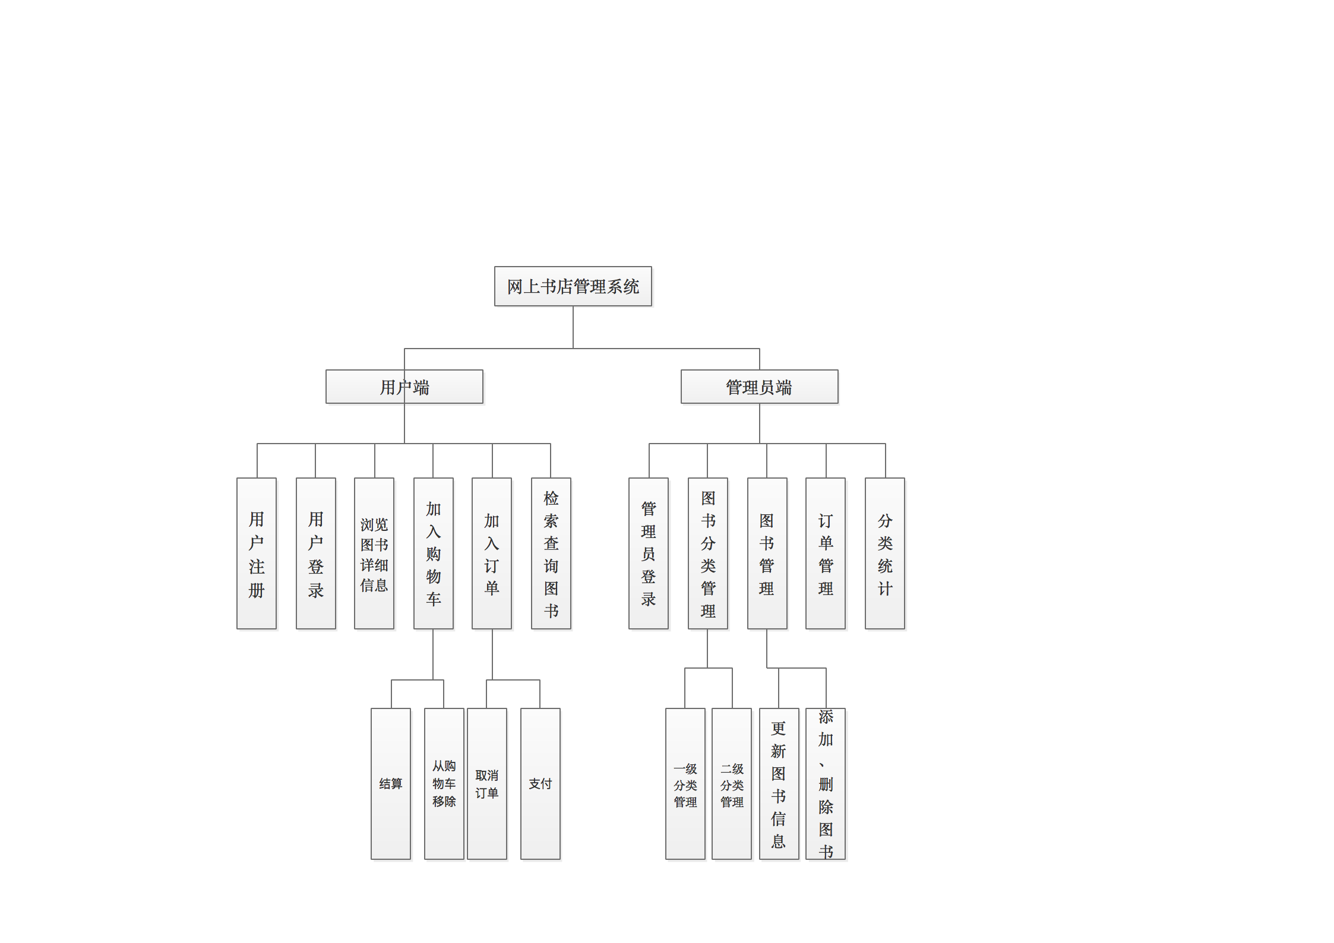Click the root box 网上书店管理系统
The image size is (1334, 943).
pyautogui.click(x=573, y=286)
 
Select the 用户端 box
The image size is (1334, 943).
pyautogui.click(x=404, y=387)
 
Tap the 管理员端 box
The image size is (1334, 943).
pyautogui.click(x=759, y=387)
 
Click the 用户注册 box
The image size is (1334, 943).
pyautogui.click(x=257, y=553)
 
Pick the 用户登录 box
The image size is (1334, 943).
pyautogui.click(x=315, y=553)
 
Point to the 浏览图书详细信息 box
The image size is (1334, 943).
pyautogui.click(x=374, y=553)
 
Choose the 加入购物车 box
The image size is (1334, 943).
pyautogui.click(x=433, y=553)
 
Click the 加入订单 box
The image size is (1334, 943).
pyautogui.click(x=492, y=553)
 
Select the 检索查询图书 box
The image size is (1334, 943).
pyautogui.click(x=551, y=553)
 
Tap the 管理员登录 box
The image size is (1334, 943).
pyautogui.click(x=649, y=553)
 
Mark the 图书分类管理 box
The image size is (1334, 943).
pyautogui.click(x=707, y=553)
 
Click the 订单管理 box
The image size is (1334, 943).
pyautogui.click(x=826, y=553)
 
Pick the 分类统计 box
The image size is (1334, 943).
pyautogui.click(x=885, y=553)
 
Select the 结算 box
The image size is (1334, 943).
pyautogui.click(x=391, y=784)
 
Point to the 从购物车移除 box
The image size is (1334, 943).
pyautogui.click(x=444, y=784)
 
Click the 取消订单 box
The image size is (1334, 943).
pyautogui.click(x=487, y=784)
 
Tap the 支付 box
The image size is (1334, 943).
pyautogui.click(x=540, y=784)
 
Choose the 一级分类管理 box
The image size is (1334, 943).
pyautogui.click(x=685, y=784)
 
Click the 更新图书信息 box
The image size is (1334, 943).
pyautogui.click(x=779, y=784)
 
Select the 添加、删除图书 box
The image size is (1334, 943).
pyautogui.click(x=826, y=784)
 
